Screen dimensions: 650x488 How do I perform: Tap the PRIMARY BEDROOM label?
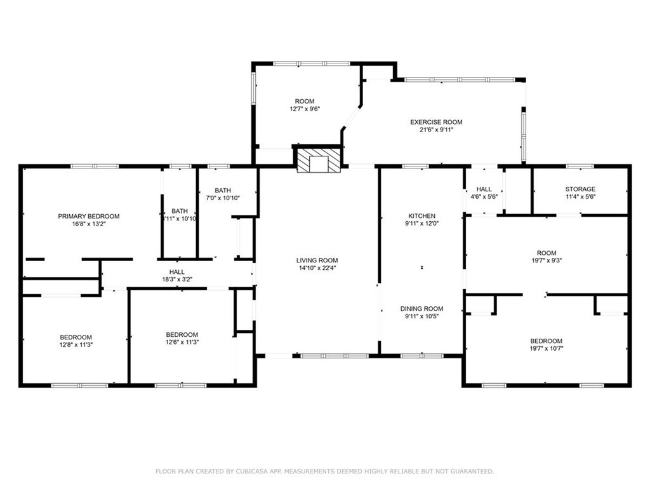point(89,216)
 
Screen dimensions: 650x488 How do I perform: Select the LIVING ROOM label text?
point(317,261)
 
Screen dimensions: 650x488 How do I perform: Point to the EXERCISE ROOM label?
point(436,122)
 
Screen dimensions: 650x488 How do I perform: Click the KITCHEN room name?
point(422,216)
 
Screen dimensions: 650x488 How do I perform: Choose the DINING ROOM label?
point(421,309)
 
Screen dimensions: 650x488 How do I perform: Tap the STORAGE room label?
point(580,189)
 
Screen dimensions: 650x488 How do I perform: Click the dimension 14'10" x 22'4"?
point(317,268)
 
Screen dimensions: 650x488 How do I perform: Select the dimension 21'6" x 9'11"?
point(436,130)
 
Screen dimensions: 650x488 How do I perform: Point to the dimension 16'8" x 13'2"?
point(89,224)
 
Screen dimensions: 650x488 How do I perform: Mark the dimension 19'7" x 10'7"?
point(547,349)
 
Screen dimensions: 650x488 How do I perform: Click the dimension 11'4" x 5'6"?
point(580,197)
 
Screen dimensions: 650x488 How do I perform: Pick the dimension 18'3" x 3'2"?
point(177,280)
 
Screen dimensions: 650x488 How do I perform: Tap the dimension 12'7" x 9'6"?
point(305,109)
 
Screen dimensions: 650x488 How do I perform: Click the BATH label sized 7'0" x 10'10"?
point(223,191)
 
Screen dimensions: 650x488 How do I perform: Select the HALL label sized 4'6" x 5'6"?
point(484,189)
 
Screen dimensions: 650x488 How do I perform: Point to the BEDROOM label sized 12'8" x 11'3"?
point(76,337)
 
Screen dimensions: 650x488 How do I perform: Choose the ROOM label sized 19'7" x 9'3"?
point(547,253)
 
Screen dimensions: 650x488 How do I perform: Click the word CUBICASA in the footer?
point(253,471)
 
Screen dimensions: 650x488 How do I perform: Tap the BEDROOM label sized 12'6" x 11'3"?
point(182,335)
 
